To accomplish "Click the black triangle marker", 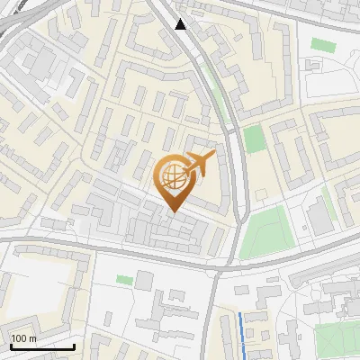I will [x=181, y=23].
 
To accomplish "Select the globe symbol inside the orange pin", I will [x=173, y=177].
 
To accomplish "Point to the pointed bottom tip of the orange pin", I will [x=173, y=212].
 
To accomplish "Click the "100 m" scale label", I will [x=24, y=338].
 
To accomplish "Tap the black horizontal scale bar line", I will [x=42, y=347].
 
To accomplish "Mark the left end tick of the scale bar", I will [x=11, y=346].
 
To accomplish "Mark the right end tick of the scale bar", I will [x=74, y=346].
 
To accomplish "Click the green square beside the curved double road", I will [x=255, y=139].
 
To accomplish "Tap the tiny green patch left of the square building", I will [x=123, y=280].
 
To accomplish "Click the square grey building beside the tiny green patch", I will [x=144, y=281].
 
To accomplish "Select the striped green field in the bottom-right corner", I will [x=337, y=337].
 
